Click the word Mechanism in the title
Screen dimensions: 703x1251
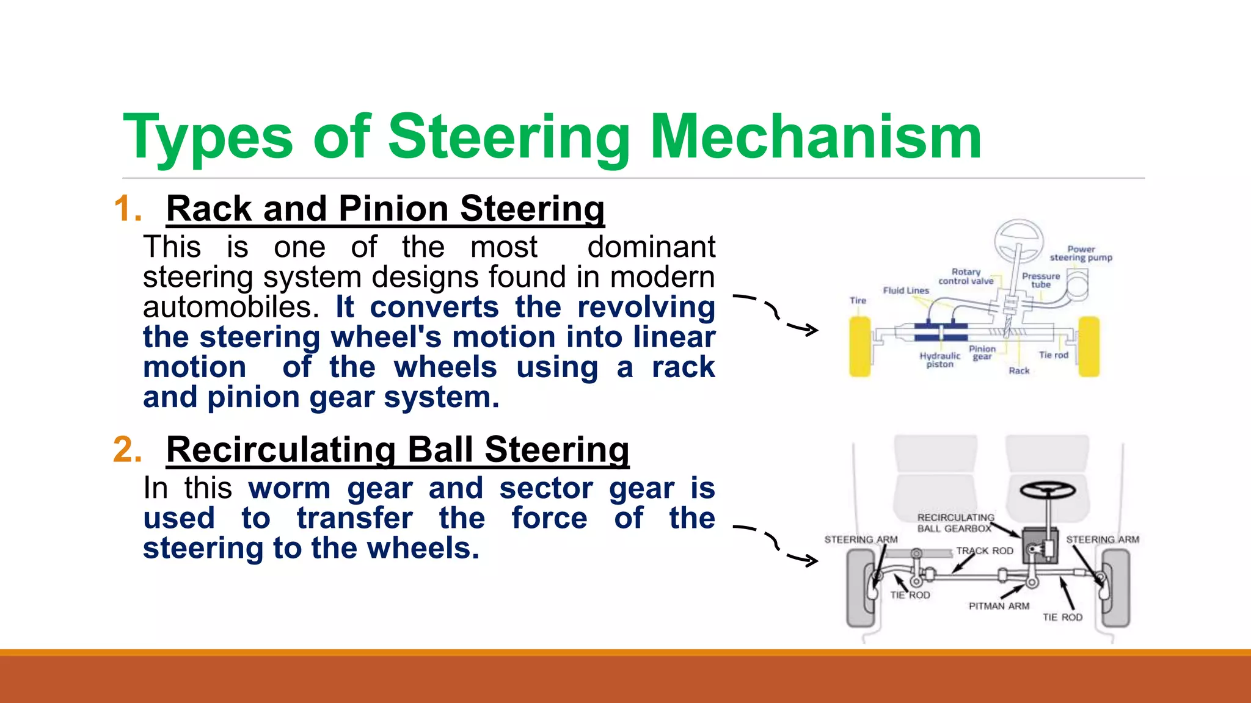coord(815,137)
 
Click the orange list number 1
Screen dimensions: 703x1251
coord(127,209)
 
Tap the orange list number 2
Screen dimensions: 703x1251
coord(127,450)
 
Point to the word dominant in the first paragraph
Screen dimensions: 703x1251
coord(651,248)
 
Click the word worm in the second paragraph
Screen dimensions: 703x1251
coord(290,488)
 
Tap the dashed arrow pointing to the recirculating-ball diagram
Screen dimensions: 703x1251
coord(776,546)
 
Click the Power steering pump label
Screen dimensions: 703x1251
coord(1081,253)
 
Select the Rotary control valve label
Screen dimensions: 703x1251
coord(966,276)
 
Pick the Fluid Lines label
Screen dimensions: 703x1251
coord(906,290)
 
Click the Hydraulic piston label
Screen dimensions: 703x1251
coord(939,360)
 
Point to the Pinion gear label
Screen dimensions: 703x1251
coord(982,353)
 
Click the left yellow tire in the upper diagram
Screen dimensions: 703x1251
coord(860,347)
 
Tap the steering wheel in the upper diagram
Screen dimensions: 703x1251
coord(1018,240)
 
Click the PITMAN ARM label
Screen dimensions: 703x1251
coord(999,606)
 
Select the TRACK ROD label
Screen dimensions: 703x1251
coord(985,550)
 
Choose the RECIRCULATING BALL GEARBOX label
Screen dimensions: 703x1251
coord(955,523)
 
